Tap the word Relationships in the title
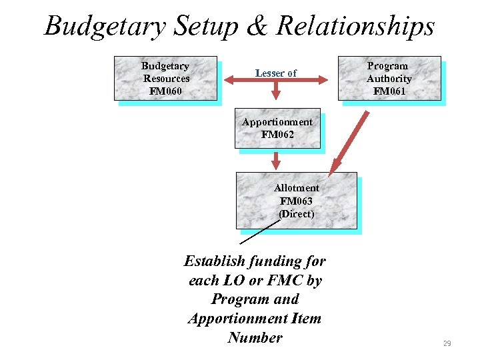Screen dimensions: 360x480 coord(355,27)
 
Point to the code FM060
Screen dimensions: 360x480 coord(165,91)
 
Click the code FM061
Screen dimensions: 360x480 coord(389,91)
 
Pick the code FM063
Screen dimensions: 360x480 coord(296,201)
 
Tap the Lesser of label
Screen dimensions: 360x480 coord(275,73)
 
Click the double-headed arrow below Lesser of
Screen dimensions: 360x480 coord(275,81)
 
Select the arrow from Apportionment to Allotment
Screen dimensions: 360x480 coord(276,161)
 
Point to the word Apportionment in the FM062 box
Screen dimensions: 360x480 coord(277,122)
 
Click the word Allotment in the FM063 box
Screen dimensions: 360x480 coord(296,188)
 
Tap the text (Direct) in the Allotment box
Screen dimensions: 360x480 coord(296,213)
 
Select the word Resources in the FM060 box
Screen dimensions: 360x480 coord(166,78)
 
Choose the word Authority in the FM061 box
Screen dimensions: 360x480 coord(389,78)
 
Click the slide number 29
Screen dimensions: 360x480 coord(447,343)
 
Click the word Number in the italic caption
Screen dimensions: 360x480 coord(255,337)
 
